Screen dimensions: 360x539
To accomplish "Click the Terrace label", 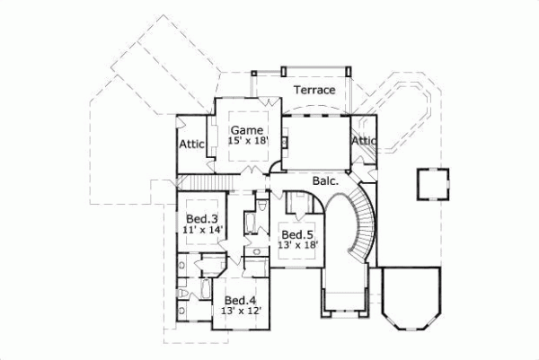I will pos(314,91).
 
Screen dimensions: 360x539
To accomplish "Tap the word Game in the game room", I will pos(246,129).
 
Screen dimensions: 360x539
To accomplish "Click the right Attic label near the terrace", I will pos(364,141).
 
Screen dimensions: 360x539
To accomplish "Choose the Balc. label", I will pos(324,181).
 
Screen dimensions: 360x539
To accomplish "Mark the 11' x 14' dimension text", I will pos(202,230).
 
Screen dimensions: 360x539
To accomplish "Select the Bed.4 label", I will pos(241,300).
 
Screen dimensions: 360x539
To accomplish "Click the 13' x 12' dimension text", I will pos(241,311).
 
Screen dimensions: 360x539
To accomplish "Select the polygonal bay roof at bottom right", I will pos(410,298).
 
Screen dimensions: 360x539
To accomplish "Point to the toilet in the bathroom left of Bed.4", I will pos(183,294).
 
